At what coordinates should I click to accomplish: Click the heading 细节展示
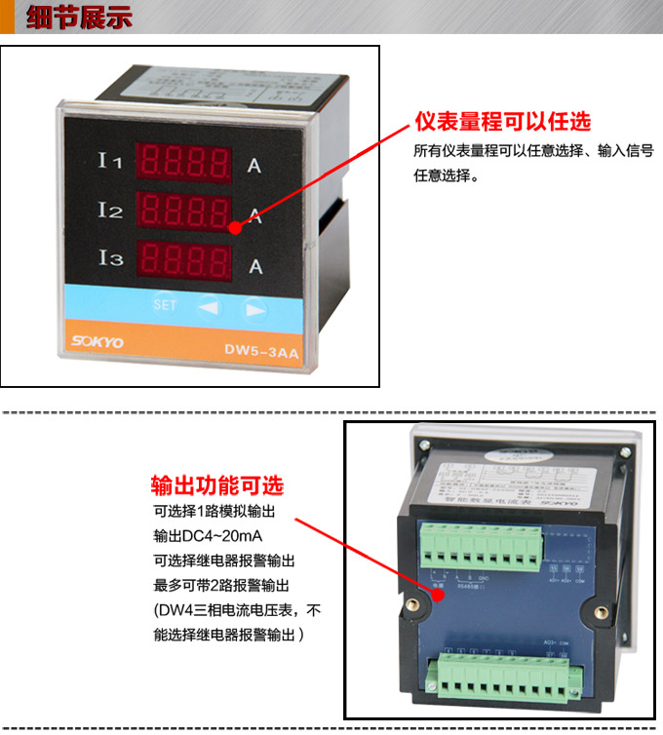pos(78,19)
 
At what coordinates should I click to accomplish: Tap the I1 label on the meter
pos(110,160)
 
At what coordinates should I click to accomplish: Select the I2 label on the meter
pos(110,209)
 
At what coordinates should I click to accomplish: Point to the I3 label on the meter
pos(110,258)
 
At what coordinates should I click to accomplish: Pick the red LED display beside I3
pos(184,260)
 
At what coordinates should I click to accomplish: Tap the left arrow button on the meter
pos(209,307)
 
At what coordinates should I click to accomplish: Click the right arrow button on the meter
pos(254,308)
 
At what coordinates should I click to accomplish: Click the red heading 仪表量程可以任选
pos(502,122)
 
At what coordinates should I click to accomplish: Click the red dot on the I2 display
pos(235,227)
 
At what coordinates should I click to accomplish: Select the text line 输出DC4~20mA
pos(208,536)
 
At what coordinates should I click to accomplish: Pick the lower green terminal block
pos(502,673)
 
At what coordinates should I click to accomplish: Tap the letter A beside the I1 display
pos(254,166)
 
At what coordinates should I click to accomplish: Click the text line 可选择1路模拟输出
pos(215,512)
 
